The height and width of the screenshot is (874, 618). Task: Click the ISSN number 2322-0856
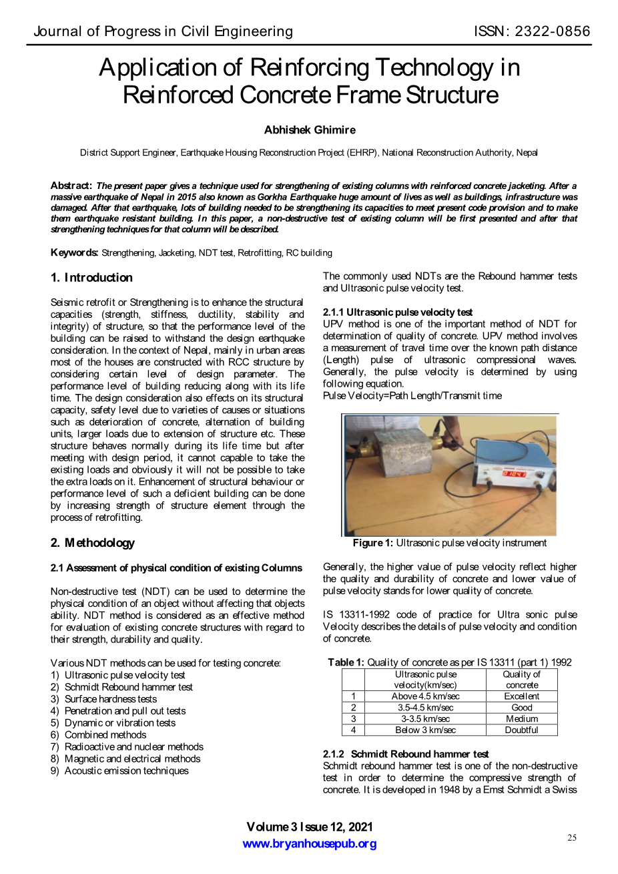tap(551, 31)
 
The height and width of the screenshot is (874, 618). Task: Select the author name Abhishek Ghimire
tap(310, 130)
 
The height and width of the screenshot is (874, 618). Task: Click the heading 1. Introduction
tap(91, 278)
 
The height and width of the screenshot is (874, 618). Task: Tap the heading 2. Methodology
tap(92, 543)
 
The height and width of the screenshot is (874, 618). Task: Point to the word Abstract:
tap(71, 186)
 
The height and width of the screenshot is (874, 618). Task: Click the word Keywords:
tap(75, 252)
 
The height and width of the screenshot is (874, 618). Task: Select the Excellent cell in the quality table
tap(521, 696)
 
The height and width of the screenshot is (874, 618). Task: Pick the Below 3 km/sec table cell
tap(425, 730)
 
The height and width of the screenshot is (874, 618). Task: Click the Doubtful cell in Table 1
tap(521, 730)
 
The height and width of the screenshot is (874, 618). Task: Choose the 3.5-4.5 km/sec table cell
tap(425, 708)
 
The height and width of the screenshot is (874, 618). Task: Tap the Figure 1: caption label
tap(372, 543)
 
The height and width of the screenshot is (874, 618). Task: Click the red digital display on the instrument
tap(514, 473)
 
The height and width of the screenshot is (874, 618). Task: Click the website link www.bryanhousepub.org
tap(310, 844)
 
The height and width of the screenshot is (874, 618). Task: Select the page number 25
tap(572, 838)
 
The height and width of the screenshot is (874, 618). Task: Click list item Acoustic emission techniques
tap(126, 771)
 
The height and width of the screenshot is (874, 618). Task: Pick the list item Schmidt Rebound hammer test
tap(128, 687)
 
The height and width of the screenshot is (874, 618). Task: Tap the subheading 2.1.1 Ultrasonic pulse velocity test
tap(398, 312)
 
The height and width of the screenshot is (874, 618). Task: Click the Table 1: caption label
tap(346, 662)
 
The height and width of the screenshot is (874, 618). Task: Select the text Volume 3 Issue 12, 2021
tap(310, 827)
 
